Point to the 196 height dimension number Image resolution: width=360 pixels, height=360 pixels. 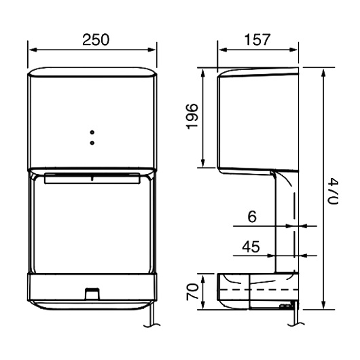tap(192, 117)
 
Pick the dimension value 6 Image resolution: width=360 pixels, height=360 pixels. tap(251, 217)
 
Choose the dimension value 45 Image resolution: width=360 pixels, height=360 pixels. tap(251, 248)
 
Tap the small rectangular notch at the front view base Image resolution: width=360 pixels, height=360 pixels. tap(91, 293)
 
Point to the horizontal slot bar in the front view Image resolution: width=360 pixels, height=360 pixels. tap(92, 179)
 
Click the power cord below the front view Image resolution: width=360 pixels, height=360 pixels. tap(150, 318)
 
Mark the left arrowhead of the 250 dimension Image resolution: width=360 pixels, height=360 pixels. tap(31, 50)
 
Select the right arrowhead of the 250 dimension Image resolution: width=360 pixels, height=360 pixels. tap(154, 50)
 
